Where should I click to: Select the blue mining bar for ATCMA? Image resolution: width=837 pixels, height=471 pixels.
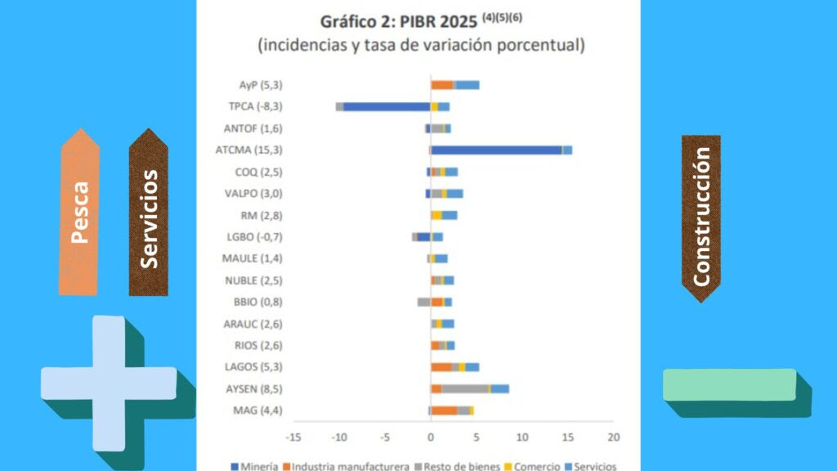pos(495,150)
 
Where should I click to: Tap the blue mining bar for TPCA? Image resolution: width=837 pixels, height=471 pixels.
pos(387,106)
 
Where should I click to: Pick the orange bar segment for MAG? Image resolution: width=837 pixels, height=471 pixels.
pos(444,410)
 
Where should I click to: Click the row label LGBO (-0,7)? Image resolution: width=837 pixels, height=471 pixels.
pos(255,237)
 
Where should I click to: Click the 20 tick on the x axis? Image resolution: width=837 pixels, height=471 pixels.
pos(613,437)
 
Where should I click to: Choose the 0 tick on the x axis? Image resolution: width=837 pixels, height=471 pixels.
pos(430,437)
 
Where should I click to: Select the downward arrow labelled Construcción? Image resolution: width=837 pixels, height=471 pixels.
pos(700,217)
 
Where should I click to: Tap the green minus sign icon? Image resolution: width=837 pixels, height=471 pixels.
pos(730,385)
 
